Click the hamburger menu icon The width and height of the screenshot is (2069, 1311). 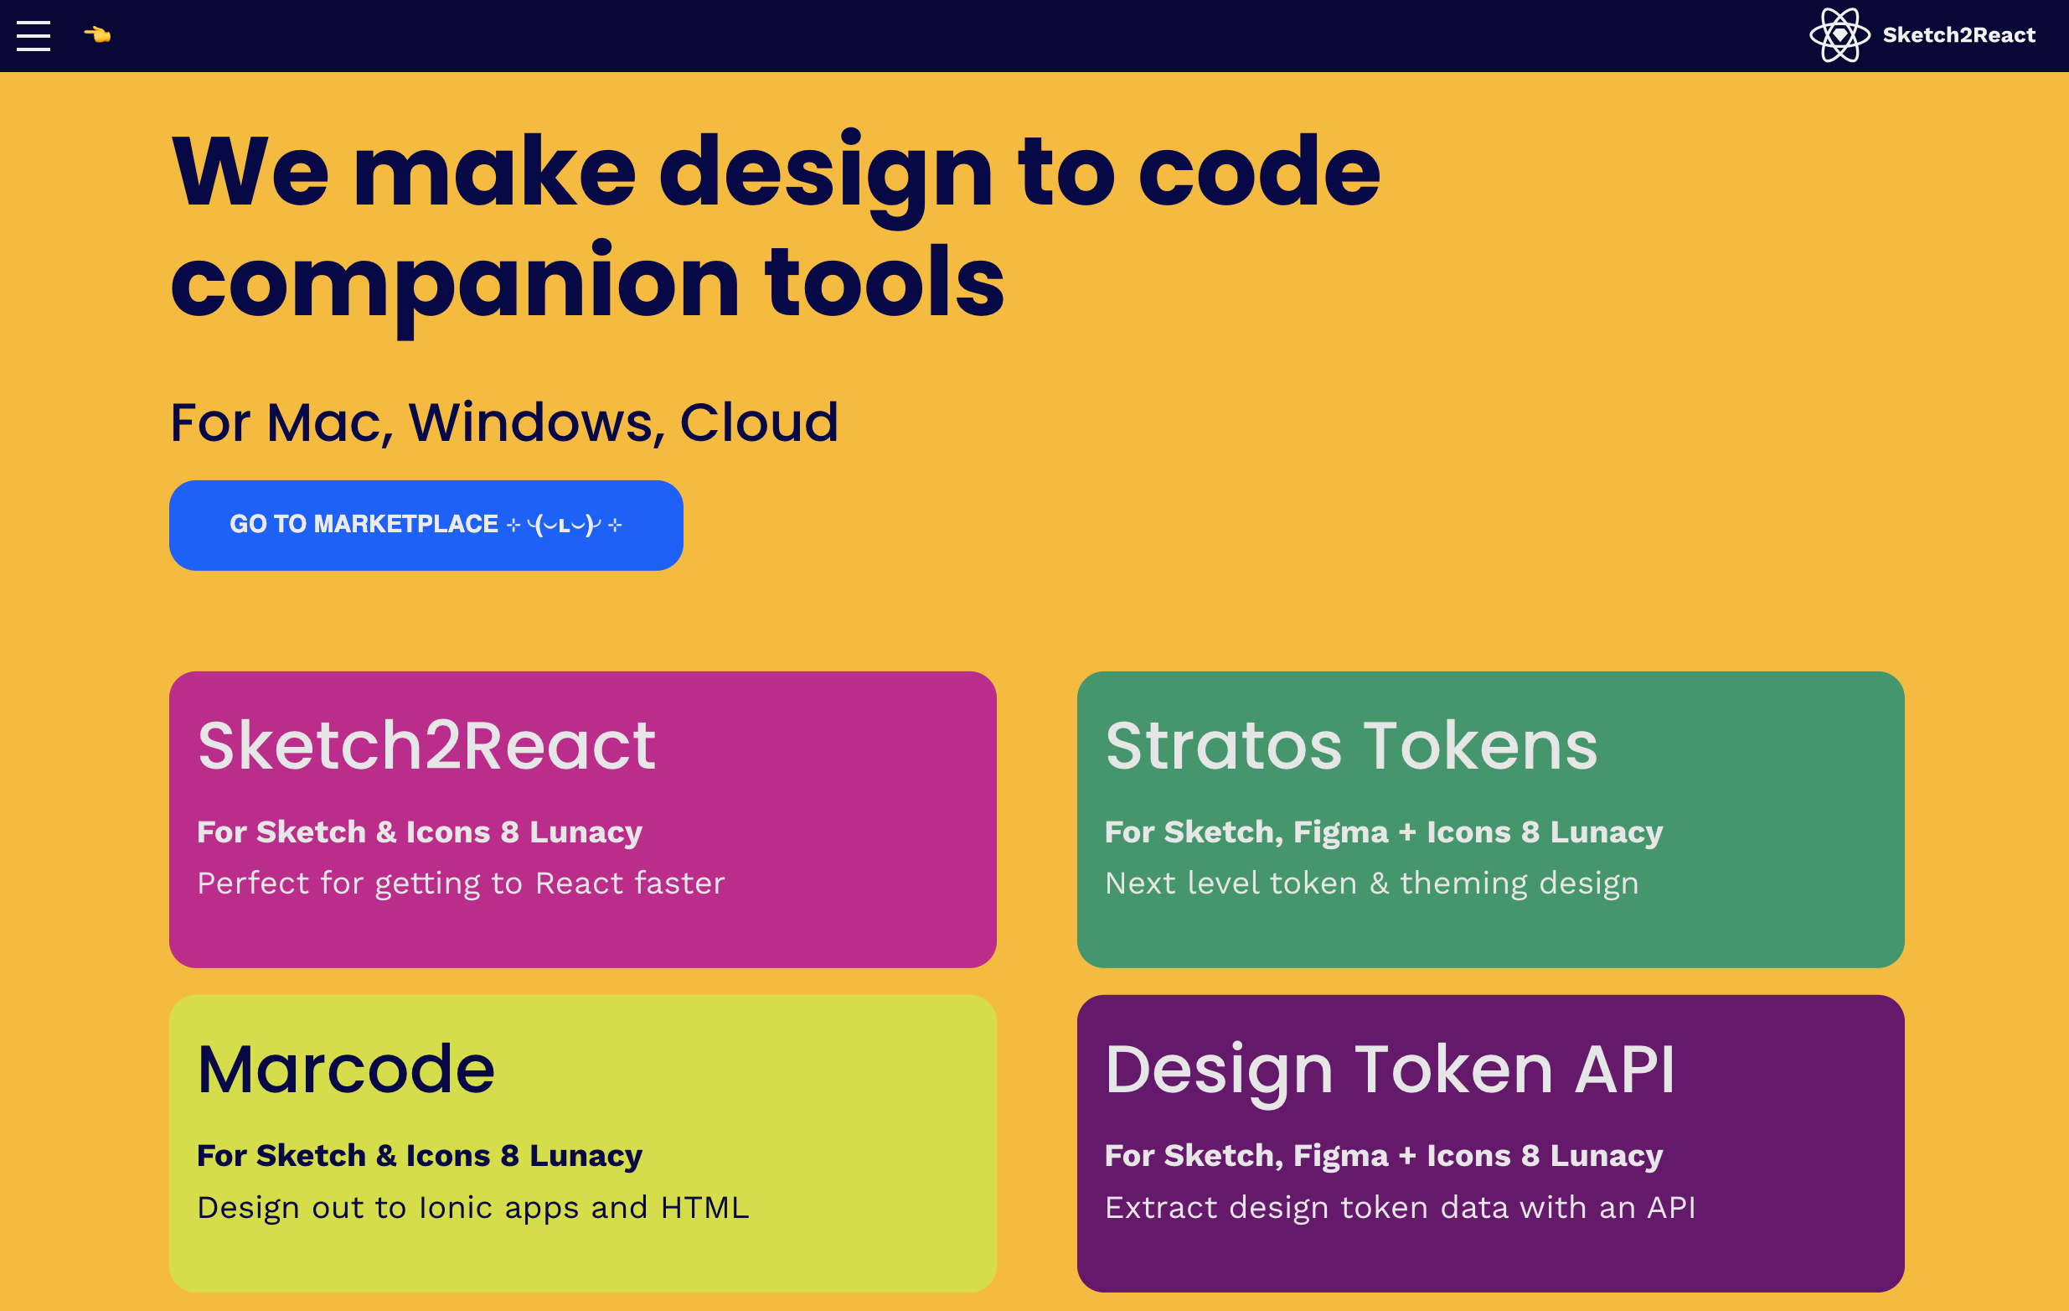[x=34, y=35]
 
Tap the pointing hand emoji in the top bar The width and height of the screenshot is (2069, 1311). [x=97, y=34]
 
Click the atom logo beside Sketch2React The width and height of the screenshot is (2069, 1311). [x=1839, y=35]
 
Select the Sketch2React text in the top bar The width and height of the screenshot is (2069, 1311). [x=1959, y=35]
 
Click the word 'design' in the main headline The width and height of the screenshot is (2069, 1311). [x=826, y=176]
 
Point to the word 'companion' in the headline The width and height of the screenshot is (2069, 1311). [x=456, y=283]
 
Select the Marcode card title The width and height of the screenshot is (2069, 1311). [x=346, y=1069]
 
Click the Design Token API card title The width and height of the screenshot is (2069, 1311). [x=1391, y=1070]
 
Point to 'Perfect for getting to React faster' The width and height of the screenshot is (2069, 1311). [x=462, y=883]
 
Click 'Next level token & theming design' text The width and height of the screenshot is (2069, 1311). [x=1372, y=883]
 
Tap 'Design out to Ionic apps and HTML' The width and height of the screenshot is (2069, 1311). [x=473, y=1208]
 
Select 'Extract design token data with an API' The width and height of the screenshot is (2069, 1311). [x=1401, y=1208]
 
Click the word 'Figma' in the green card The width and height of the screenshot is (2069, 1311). [x=1340, y=832]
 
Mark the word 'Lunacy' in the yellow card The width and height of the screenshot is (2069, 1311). [x=586, y=1156]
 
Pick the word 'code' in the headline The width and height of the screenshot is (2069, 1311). [x=1260, y=172]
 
